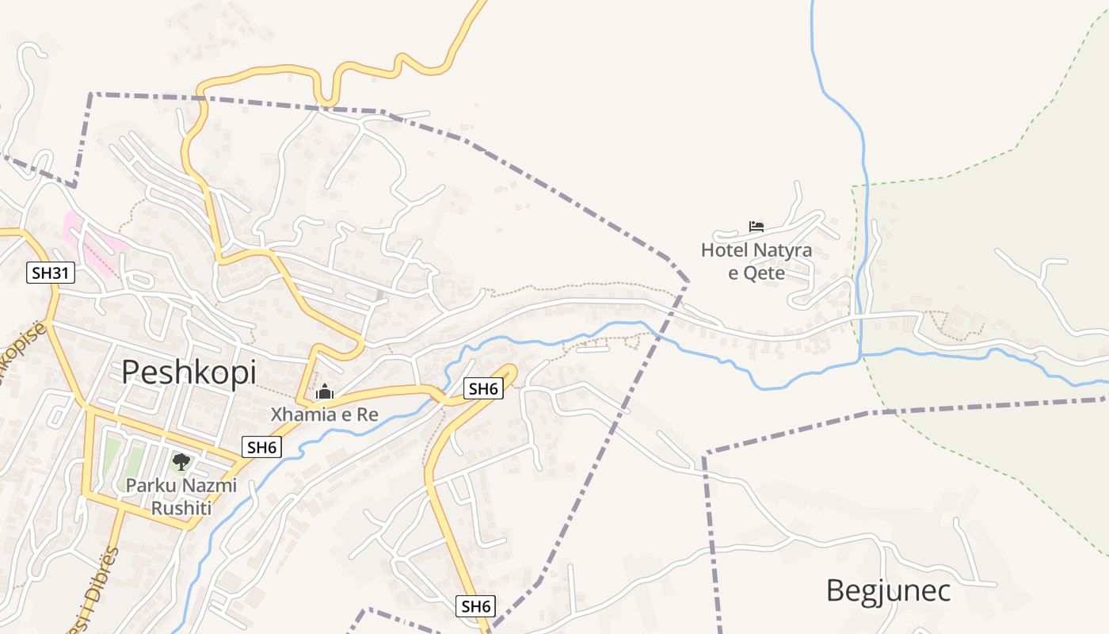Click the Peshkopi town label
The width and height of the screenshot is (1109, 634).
coord(189,372)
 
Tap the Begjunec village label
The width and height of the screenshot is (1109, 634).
coord(888,591)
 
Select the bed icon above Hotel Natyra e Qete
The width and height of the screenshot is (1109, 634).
coord(756,227)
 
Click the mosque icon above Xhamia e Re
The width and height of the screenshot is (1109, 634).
coord(325,391)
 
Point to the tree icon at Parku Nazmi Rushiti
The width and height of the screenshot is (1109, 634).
coord(181,461)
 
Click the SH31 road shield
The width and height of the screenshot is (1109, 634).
coord(51,273)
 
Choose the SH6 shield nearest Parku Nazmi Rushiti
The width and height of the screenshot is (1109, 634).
coord(261,447)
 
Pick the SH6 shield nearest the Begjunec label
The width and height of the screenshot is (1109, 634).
coord(477,606)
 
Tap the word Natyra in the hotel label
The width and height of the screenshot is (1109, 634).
coord(783,251)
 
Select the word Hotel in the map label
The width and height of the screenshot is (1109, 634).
coord(725,251)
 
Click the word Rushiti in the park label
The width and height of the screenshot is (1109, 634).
coord(181,508)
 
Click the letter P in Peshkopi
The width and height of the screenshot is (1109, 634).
coord(131,372)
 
